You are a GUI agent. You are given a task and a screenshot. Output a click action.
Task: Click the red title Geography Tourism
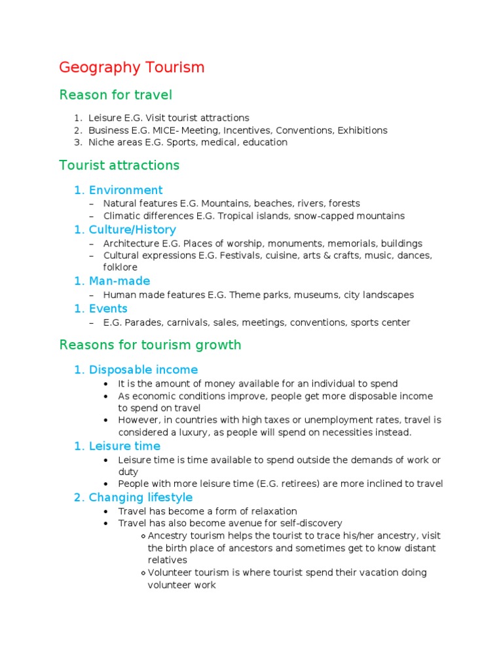[132, 67]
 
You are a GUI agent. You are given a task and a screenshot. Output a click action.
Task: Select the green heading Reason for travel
[115, 95]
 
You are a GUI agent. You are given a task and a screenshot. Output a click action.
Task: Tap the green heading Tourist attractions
[119, 165]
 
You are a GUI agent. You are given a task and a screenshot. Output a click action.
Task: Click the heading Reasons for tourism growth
[150, 345]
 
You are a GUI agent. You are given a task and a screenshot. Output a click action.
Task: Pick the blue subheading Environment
[125, 190]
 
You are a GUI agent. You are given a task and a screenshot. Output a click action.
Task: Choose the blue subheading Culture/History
[132, 229]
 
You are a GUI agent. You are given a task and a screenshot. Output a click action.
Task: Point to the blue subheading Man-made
[119, 281]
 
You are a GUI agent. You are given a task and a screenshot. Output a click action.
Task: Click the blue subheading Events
[108, 309]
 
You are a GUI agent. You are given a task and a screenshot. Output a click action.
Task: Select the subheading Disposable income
[143, 370]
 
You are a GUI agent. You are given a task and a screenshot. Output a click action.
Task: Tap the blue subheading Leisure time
[124, 446]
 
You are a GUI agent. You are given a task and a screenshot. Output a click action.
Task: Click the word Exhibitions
[362, 130]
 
